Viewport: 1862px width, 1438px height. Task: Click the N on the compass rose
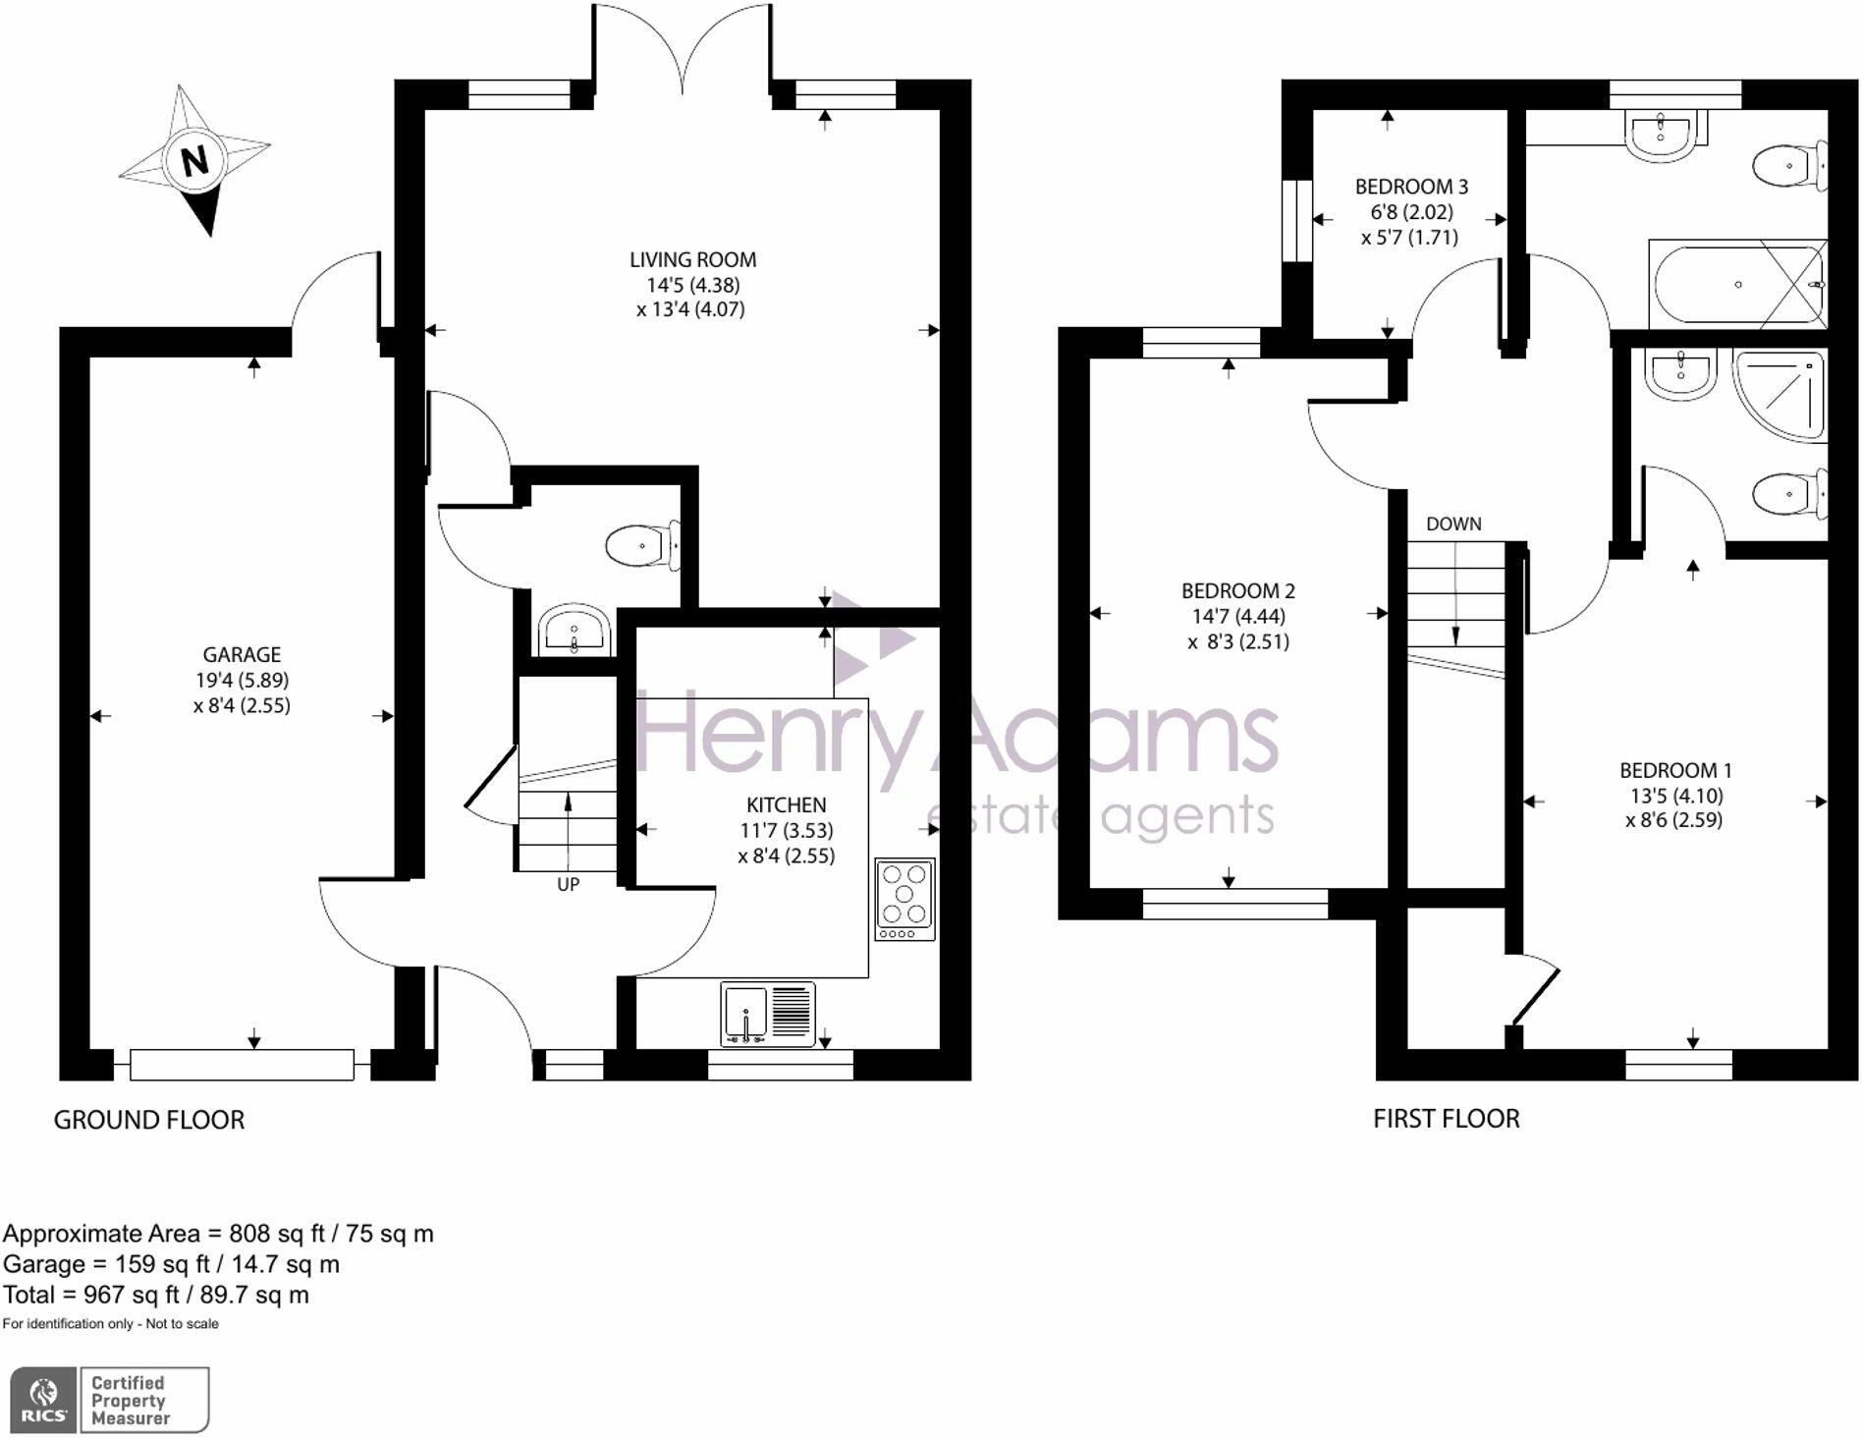(x=194, y=159)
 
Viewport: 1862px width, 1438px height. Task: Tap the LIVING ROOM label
(x=692, y=260)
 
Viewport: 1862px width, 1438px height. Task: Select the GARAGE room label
(x=242, y=655)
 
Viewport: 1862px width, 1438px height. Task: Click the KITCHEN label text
(x=786, y=805)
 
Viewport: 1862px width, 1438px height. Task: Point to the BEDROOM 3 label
(x=1411, y=187)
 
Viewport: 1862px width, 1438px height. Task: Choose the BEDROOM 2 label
(x=1237, y=591)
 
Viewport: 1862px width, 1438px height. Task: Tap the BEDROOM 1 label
(x=1675, y=771)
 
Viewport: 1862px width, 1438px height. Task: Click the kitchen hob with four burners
(x=904, y=899)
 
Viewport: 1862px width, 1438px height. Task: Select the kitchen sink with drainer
(x=768, y=1013)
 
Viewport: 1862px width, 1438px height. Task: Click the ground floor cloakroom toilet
(x=642, y=546)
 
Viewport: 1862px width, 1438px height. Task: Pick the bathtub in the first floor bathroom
(x=1736, y=285)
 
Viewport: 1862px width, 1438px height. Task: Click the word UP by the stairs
(x=568, y=885)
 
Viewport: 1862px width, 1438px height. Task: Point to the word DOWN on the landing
(x=1453, y=525)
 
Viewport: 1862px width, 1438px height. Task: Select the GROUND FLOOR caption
(x=148, y=1120)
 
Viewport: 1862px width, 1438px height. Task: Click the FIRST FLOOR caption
(x=1446, y=1119)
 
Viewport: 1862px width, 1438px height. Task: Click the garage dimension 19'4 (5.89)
(x=242, y=680)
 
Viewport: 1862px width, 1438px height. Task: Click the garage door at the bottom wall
(x=242, y=1065)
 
